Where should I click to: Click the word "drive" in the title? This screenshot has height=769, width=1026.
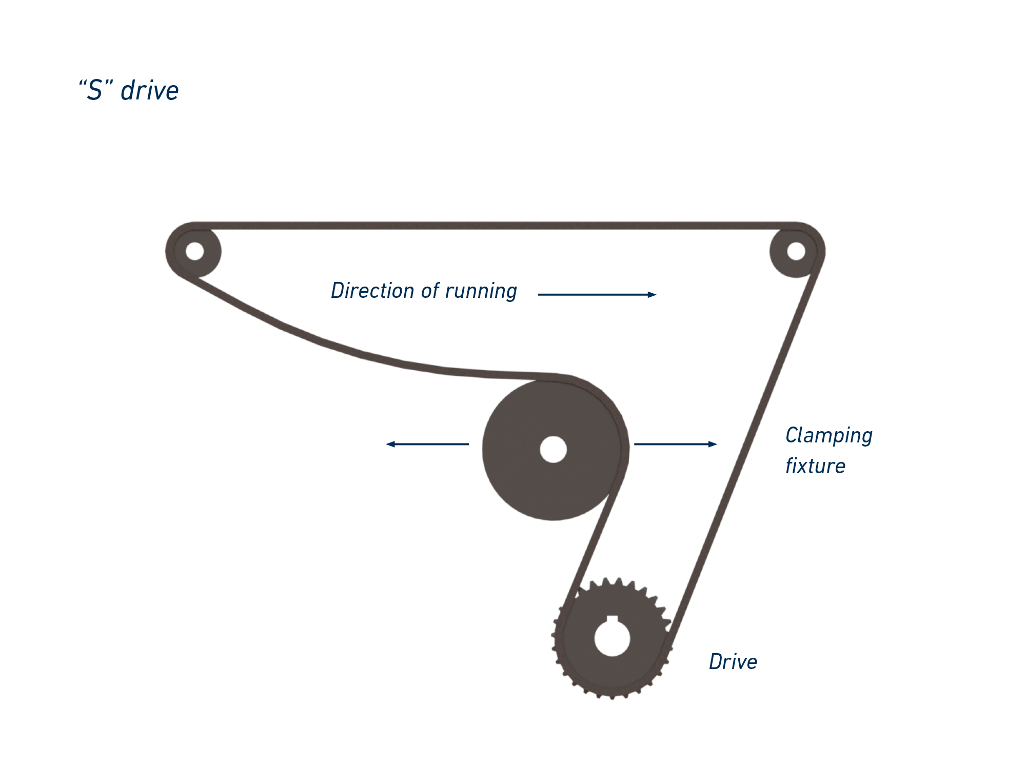[149, 91]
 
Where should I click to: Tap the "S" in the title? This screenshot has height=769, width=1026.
[95, 91]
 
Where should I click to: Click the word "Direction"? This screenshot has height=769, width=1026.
[372, 291]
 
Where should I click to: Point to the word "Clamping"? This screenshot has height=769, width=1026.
[828, 436]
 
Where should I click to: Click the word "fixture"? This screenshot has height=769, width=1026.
[815, 467]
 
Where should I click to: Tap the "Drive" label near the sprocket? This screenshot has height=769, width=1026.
[733, 662]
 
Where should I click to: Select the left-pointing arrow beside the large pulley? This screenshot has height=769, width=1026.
[427, 444]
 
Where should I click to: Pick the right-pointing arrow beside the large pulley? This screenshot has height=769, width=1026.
[675, 444]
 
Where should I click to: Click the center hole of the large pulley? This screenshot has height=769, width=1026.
[553, 450]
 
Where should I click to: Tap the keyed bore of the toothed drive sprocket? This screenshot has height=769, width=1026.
[612, 638]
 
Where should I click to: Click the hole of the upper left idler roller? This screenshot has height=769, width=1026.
[194, 251]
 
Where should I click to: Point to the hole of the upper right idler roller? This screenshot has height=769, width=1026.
[796, 251]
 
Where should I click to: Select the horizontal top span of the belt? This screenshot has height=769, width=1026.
[492, 226]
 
